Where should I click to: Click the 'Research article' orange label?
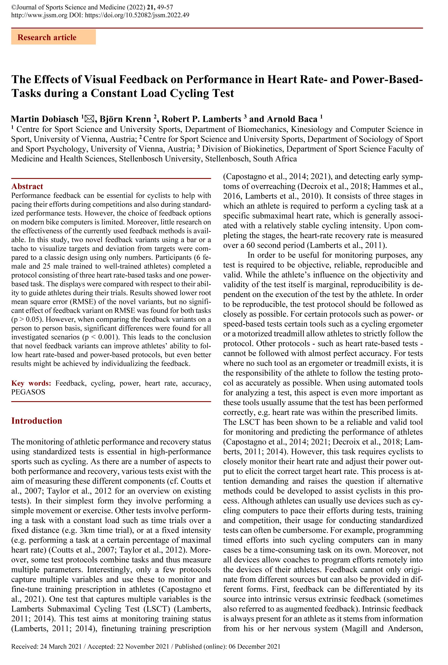[x=47, y=38]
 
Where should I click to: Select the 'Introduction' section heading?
[x=36, y=421]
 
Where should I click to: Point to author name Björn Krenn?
[x=125, y=119]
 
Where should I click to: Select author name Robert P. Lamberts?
[x=201, y=119]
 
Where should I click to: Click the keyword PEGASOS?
[x=28, y=392]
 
